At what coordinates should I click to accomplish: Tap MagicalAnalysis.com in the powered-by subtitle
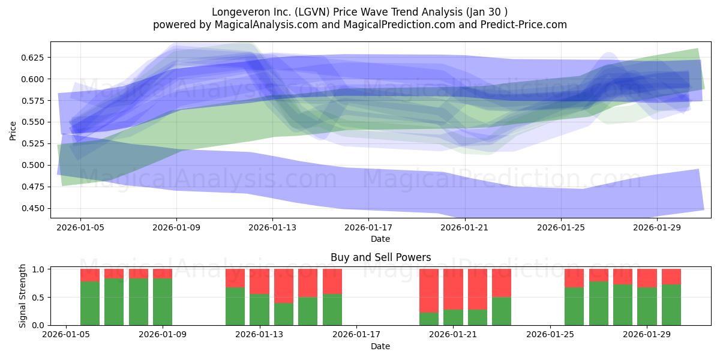click(266, 25)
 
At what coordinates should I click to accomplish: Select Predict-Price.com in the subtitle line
click(524, 25)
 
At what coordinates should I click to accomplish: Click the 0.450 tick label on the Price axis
click(32, 208)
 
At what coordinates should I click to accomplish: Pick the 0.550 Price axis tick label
click(32, 122)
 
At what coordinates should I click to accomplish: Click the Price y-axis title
click(13, 131)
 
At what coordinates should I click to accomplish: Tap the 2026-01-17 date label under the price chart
click(368, 227)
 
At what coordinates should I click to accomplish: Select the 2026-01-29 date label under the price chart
click(657, 227)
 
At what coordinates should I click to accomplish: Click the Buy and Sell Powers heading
click(380, 257)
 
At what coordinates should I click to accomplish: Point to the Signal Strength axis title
click(22, 296)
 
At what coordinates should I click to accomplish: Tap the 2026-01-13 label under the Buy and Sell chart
click(259, 335)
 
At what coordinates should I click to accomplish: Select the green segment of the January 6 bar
click(90, 304)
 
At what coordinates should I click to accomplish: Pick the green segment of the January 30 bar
click(671, 305)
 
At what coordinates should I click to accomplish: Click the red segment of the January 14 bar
click(284, 286)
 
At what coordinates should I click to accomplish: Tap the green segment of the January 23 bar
click(502, 311)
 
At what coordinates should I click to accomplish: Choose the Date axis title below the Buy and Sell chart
click(380, 346)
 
